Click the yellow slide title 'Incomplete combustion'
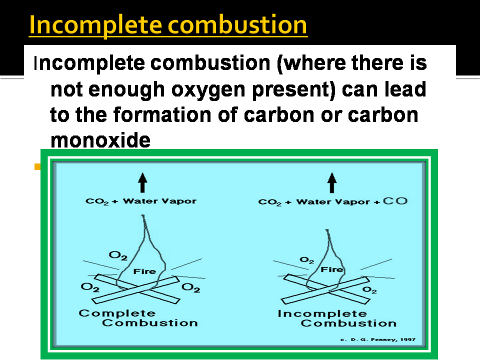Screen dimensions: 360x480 click(167, 25)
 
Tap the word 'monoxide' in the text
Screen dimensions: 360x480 click(100, 140)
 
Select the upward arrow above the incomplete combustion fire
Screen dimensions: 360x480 click(331, 182)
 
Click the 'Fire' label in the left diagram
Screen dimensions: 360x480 click(144, 271)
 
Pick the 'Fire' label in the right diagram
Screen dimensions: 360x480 click(331, 269)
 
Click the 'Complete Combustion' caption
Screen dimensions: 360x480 click(138, 318)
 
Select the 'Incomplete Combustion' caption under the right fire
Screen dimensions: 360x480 click(336, 318)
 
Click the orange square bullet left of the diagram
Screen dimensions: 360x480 click(37, 166)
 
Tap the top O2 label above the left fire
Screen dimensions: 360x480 click(118, 256)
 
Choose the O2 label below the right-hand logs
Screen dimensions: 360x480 click(369, 289)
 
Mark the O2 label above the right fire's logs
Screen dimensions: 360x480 click(306, 260)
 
